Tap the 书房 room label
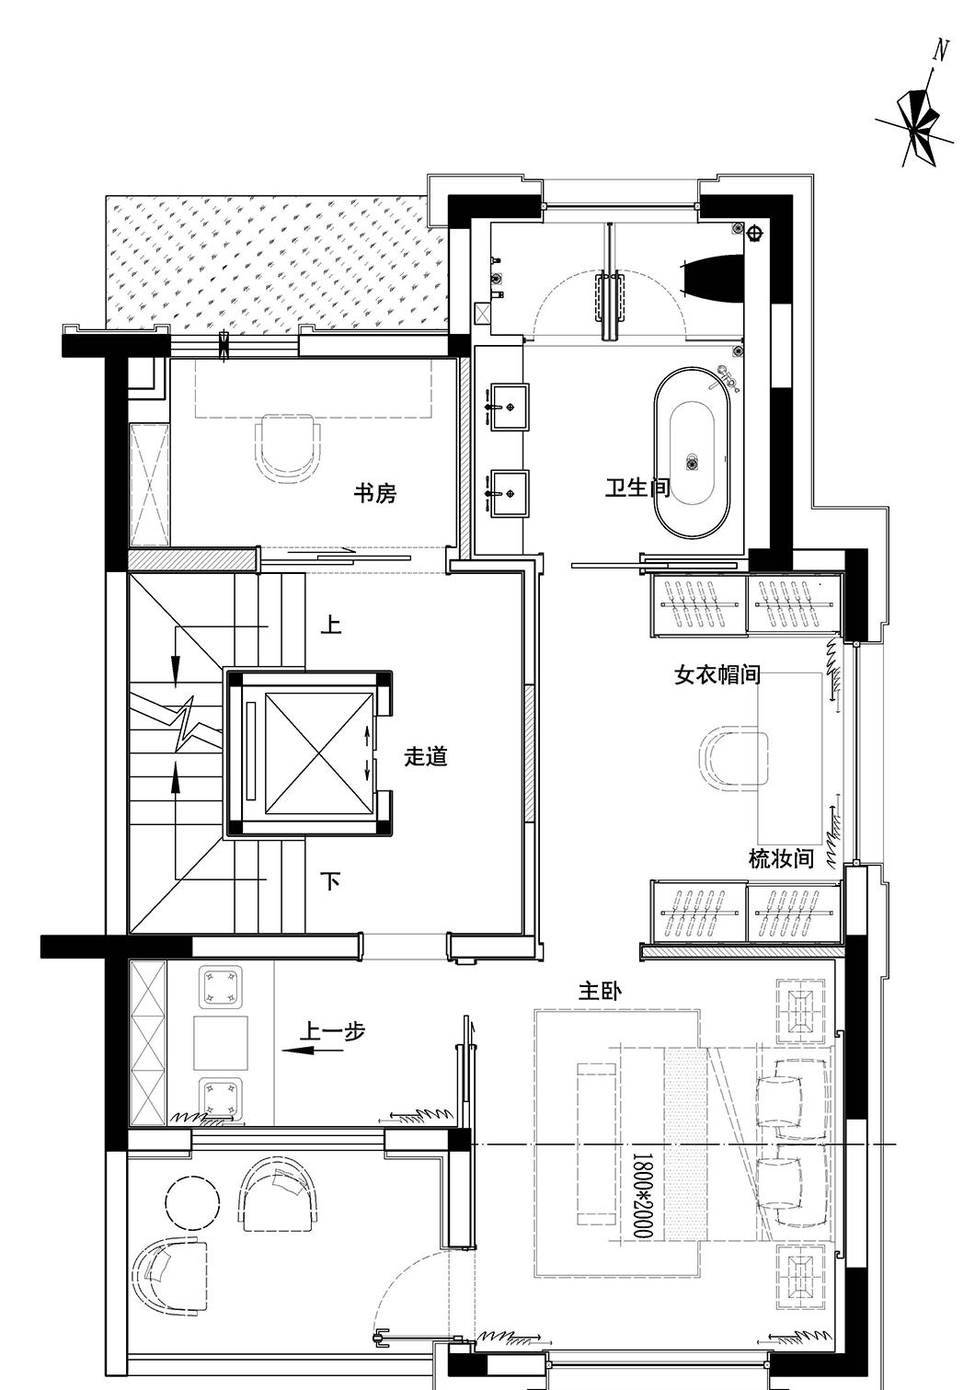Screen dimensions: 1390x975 (375, 494)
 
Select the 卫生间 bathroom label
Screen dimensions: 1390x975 (637, 488)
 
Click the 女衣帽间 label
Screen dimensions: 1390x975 (717, 675)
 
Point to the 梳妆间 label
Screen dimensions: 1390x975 (781, 859)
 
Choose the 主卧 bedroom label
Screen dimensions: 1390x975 (600, 992)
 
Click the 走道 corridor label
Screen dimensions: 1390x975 (426, 757)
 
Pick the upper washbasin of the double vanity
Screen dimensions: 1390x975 (509, 408)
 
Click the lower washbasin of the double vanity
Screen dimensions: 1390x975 (509, 493)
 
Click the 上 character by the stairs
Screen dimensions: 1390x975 (331, 626)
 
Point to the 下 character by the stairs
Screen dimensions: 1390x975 (331, 881)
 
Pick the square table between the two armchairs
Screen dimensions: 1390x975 (221, 1042)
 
